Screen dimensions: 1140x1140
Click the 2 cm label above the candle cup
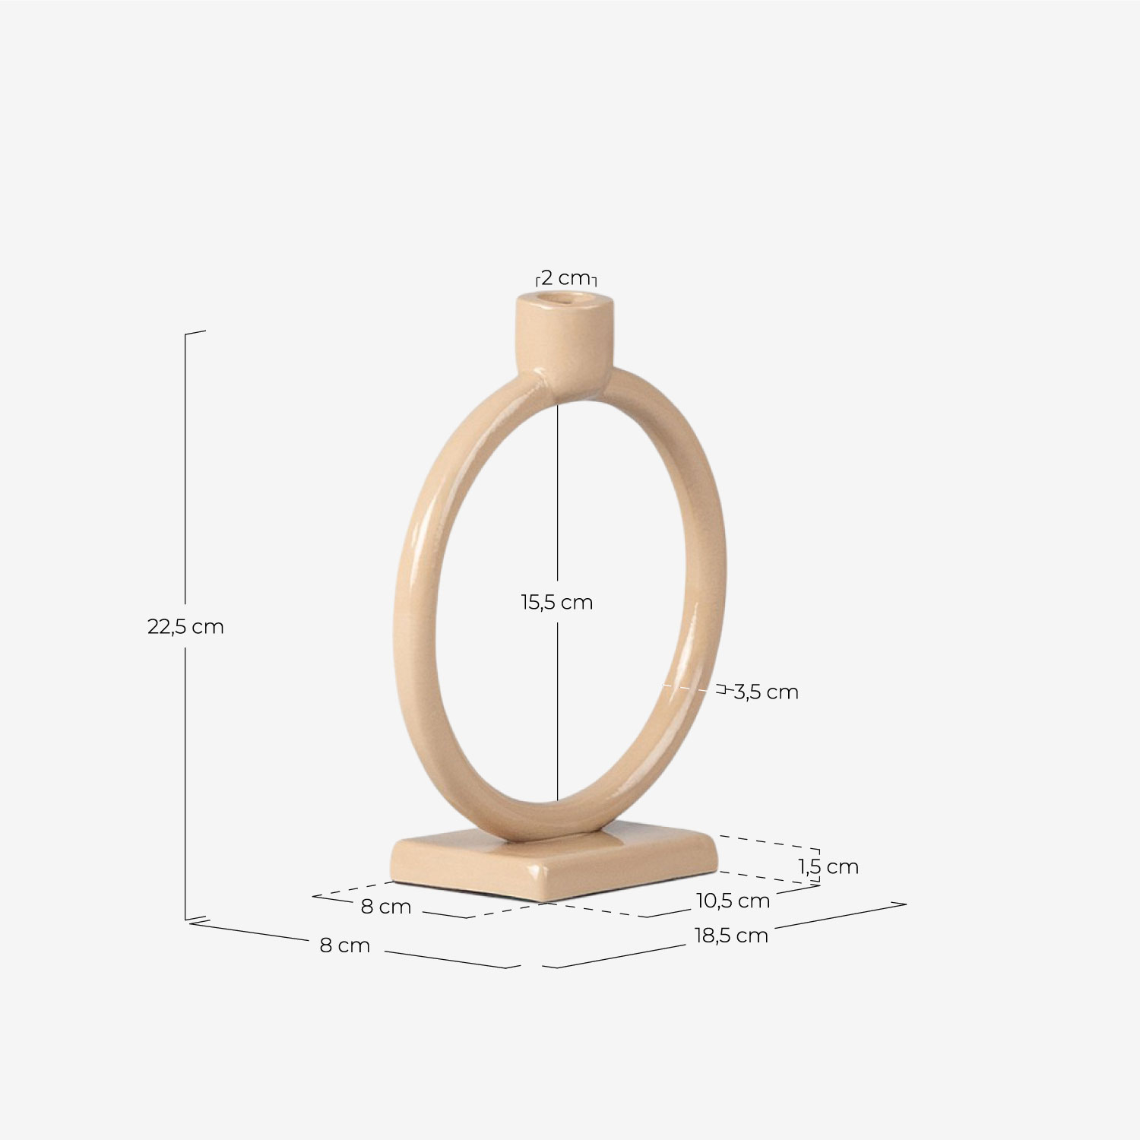click(565, 277)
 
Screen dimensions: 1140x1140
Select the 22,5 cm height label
click(185, 627)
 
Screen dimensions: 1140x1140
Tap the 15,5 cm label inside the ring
click(556, 603)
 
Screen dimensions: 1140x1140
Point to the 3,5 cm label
click(766, 692)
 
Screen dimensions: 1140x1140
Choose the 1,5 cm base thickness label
click(828, 866)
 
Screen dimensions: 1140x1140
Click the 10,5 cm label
click(733, 901)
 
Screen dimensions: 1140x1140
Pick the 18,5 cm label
click(731, 936)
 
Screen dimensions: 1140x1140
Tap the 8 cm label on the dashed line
click(385, 907)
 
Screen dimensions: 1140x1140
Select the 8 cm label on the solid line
click(344, 945)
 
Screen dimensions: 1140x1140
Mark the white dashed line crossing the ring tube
click(679, 687)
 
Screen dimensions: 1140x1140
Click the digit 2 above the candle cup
click(546, 277)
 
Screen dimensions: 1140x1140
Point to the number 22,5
click(166, 627)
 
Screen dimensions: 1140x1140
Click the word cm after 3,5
click(783, 692)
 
